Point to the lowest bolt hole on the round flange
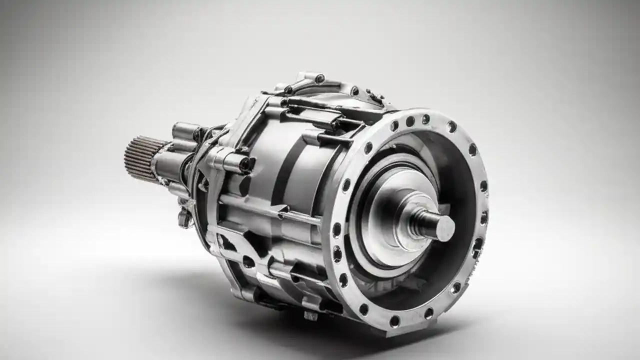click(394, 320)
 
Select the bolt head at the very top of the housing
click(319, 78)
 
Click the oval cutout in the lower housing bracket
click(248, 261)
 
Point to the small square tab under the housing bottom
click(310, 315)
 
